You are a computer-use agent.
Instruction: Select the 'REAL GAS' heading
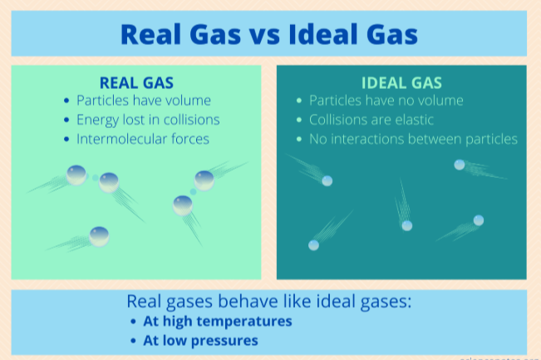pyautogui.click(x=136, y=82)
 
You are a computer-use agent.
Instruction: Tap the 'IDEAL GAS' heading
pyautogui.click(x=401, y=82)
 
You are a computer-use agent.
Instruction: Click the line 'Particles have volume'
pyautogui.click(x=144, y=101)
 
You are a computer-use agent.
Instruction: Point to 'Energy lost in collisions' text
pyautogui.click(x=148, y=120)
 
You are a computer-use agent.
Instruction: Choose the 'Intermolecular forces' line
pyautogui.click(x=142, y=139)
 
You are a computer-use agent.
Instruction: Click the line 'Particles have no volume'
pyautogui.click(x=386, y=101)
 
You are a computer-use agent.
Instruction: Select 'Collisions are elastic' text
pyautogui.click(x=371, y=120)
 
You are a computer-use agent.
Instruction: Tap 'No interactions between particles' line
pyautogui.click(x=413, y=139)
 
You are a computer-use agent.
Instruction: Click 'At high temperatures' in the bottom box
pyautogui.click(x=218, y=321)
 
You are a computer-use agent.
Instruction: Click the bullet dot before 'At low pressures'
pyautogui.click(x=134, y=341)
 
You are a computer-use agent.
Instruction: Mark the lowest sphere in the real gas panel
pyautogui.click(x=99, y=235)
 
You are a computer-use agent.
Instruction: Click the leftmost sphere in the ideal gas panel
pyautogui.click(x=313, y=244)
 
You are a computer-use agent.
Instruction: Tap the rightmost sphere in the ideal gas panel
pyautogui.click(x=479, y=220)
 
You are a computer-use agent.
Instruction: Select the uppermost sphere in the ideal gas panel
pyautogui.click(x=460, y=164)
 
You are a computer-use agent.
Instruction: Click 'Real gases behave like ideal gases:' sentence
pyautogui.click(x=269, y=301)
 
